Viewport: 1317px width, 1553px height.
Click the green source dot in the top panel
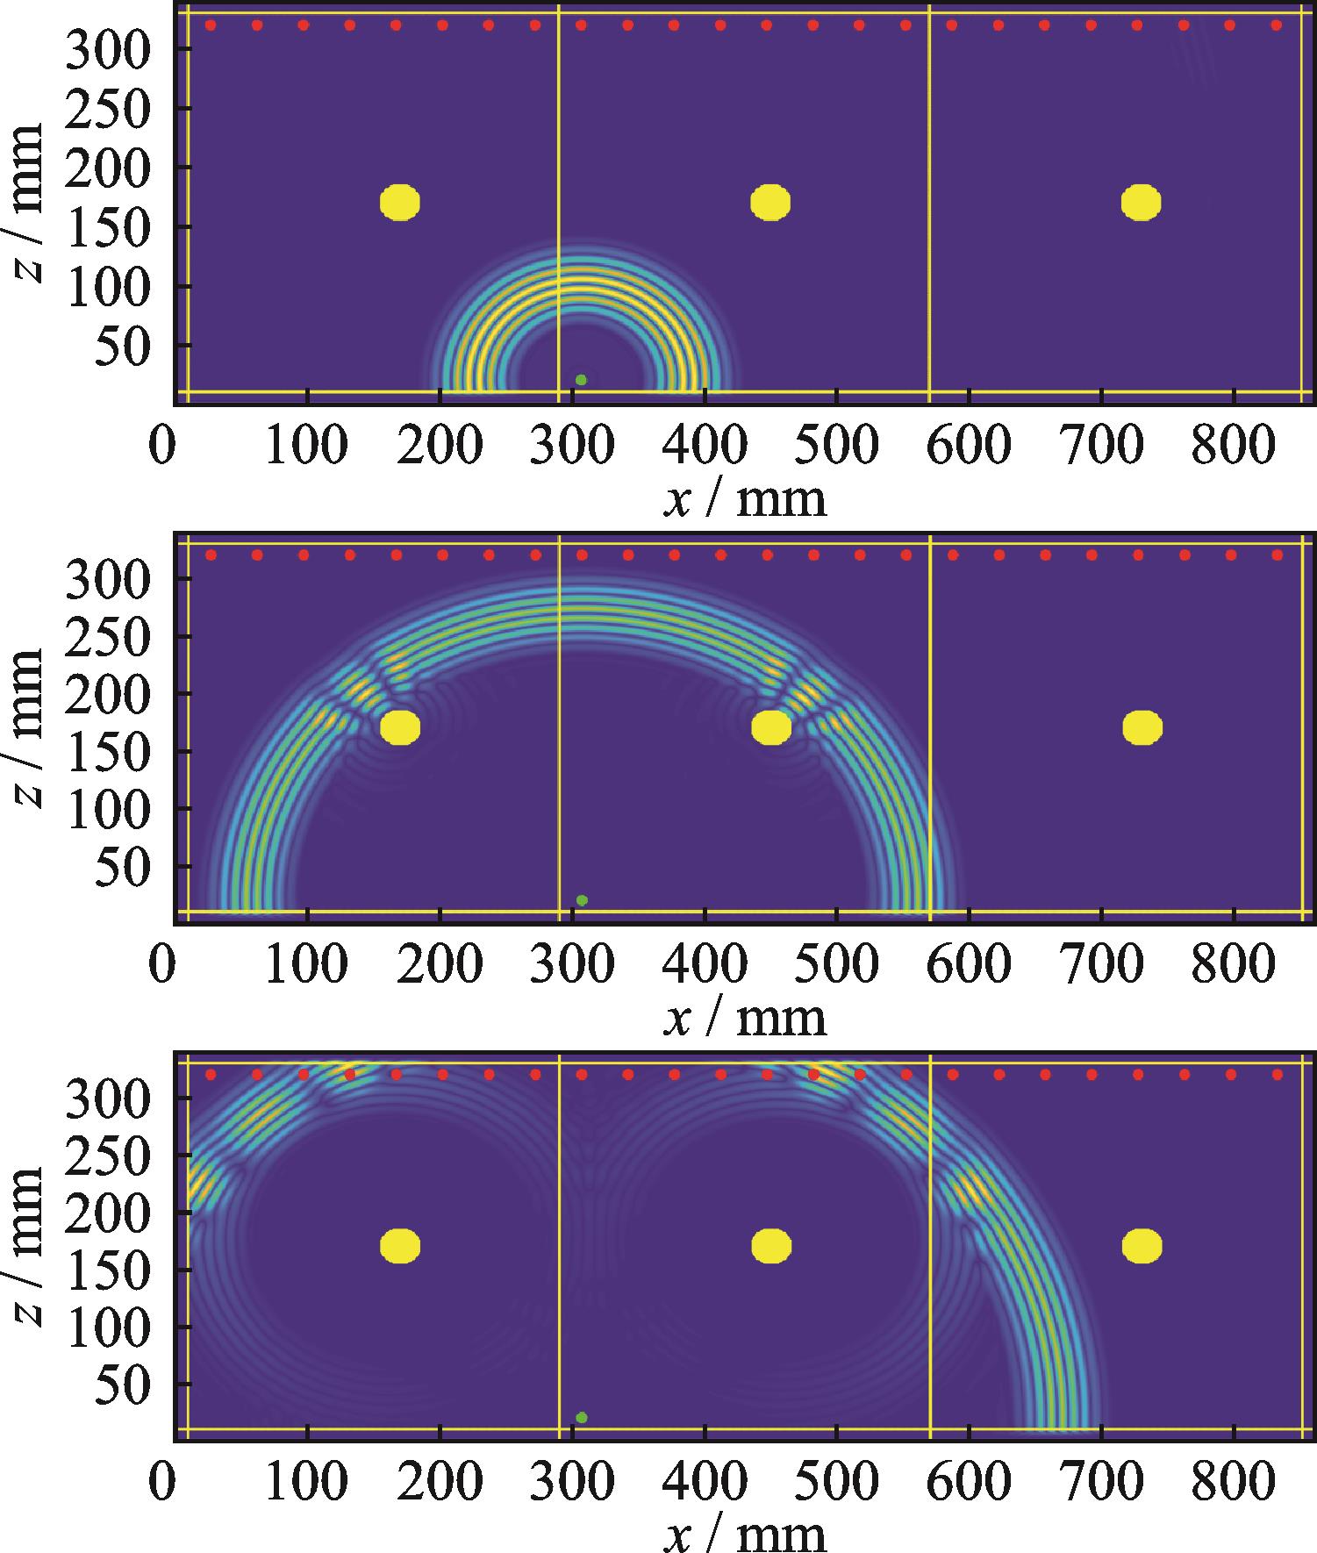[581, 380]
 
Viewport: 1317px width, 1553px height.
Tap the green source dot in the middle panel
[582, 900]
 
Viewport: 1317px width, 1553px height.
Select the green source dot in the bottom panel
[582, 1417]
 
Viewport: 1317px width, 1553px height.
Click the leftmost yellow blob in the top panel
[400, 203]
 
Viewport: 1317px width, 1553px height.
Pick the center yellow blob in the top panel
[770, 203]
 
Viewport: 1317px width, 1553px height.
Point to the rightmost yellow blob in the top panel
[1141, 203]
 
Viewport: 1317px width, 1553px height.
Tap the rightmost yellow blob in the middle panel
[1142, 727]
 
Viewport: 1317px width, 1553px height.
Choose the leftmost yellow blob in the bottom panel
[400, 1246]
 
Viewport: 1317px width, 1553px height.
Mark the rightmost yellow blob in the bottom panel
[1142, 1246]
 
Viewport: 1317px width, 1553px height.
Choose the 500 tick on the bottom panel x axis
[838, 1484]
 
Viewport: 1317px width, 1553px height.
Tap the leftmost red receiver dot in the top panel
[211, 25]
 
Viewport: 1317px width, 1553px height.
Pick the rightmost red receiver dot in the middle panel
[1277, 555]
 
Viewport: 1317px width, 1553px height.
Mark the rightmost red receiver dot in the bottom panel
[1277, 1074]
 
